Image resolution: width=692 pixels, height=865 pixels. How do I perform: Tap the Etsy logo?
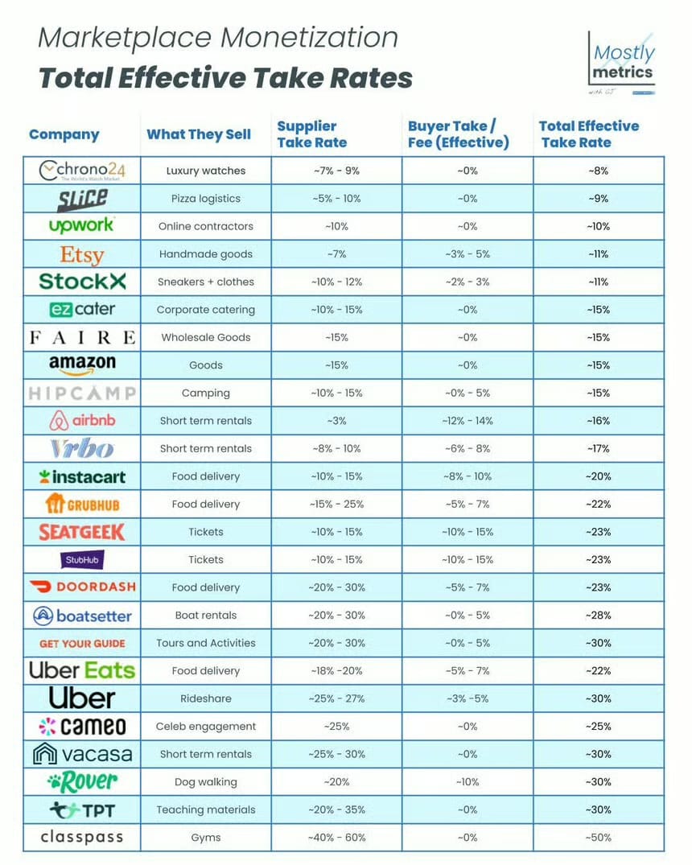[x=82, y=254]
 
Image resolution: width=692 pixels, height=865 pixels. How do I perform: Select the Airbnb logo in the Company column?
[x=82, y=421]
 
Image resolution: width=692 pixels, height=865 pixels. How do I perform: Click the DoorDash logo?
[x=82, y=587]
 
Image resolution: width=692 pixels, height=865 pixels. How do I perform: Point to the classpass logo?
[x=82, y=838]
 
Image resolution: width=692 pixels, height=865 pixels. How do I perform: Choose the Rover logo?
[x=82, y=781]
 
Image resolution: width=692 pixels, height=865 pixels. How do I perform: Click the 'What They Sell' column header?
[x=199, y=134]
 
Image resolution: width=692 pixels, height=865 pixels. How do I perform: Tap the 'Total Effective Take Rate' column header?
[x=589, y=134]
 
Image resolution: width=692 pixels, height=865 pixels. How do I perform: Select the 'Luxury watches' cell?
[x=206, y=171]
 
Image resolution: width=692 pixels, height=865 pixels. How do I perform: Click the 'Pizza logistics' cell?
[x=206, y=199]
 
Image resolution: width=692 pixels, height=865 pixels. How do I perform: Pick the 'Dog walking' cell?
[x=206, y=782]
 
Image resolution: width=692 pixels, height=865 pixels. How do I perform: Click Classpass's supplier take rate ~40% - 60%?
[x=336, y=838]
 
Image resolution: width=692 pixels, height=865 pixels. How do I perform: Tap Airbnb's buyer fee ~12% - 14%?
[x=468, y=421]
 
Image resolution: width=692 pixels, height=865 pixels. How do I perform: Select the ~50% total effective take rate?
[x=598, y=838]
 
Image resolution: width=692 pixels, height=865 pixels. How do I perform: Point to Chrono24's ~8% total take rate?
[x=598, y=171]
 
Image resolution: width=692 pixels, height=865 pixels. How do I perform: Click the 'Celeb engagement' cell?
[x=206, y=727]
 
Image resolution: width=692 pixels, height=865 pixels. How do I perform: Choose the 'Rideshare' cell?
[x=206, y=698]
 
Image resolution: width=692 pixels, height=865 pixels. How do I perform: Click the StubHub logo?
[x=82, y=559]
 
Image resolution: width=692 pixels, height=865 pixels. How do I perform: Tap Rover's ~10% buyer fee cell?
[x=468, y=782]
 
